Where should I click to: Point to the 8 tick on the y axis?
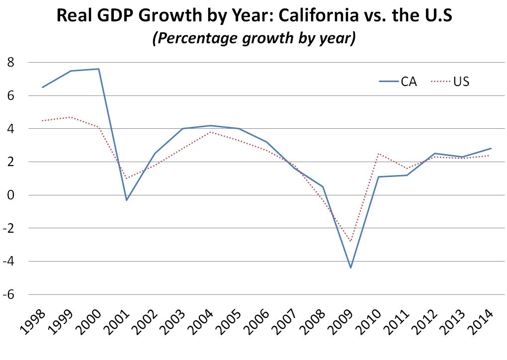click(10, 63)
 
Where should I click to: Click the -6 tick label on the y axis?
click(9, 295)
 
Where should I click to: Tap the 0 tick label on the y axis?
click(10, 195)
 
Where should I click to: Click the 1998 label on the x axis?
click(33, 321)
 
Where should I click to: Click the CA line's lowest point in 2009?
click(351, 268)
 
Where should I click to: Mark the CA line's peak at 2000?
click(99, 69)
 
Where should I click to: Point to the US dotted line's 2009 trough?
click(351, 242)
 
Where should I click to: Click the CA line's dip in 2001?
click(127, 200)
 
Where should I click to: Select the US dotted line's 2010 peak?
click(379, 154)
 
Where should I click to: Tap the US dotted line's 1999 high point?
click(71, 117)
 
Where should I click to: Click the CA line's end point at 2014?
click(491, 148)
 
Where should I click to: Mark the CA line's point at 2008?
click(323, 186)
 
